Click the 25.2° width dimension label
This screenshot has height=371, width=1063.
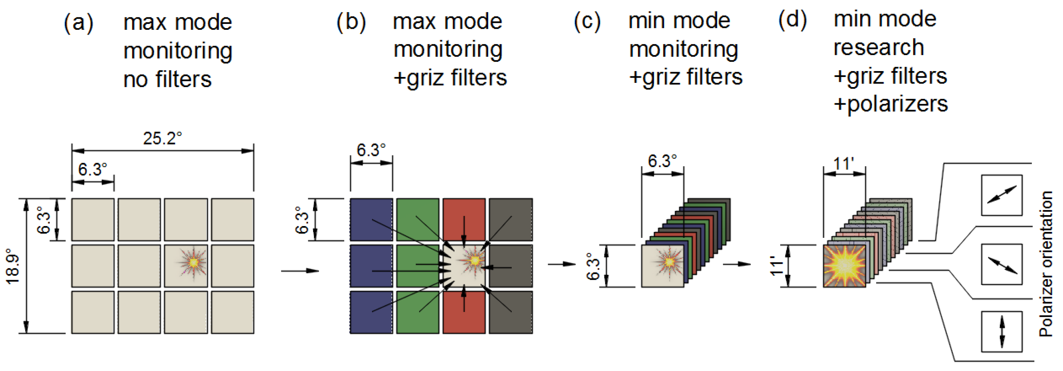[x=162, y=138]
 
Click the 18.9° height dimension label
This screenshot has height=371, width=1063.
[x=13, y=266]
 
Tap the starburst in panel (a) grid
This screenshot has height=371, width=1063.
[x=193, y=262]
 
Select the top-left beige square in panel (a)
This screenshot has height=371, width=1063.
[x=93, y=219]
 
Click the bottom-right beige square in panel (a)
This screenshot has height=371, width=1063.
[x=232, y=312]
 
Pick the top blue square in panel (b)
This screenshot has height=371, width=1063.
[x=371, y=219]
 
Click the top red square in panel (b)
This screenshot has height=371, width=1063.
[x=464, y=219]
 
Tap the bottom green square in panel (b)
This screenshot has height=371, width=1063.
[x=417, y=312]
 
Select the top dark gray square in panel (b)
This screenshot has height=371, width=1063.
[x=510, y=219]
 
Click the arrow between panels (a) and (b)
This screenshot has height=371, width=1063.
[x=300, y=271]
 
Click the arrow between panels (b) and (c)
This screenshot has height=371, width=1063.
[x=561, y=264]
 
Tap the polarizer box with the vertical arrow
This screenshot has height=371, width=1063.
[x=1002, y=331]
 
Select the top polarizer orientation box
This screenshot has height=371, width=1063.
[x=1002, y=195]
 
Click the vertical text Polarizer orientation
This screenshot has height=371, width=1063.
[x=1046, y=264]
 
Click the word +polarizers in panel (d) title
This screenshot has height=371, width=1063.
[x=890, y=104]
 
